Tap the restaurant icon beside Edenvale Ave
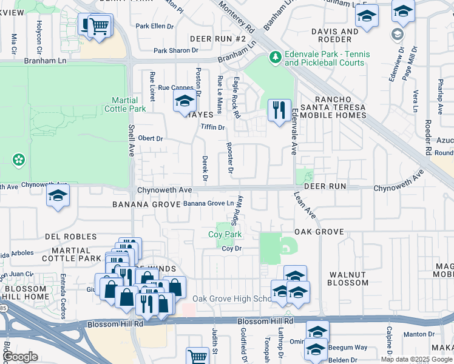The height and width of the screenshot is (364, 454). point(279,110)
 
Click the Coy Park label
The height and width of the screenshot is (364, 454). point(225,234)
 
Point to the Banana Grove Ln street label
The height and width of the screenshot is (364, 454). point(208,203)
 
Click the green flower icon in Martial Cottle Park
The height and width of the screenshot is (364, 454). point(19,160)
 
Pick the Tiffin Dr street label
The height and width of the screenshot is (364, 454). point(212,127)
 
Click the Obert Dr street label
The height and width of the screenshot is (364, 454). point(151,138)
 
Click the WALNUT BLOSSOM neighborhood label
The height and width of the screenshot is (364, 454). point(348,278)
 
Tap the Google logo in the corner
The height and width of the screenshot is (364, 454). point(21,357)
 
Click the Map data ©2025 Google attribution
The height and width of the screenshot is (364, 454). point(416,359)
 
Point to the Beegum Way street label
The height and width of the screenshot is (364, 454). point(348,348)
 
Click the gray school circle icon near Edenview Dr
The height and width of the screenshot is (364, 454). point(397,33)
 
